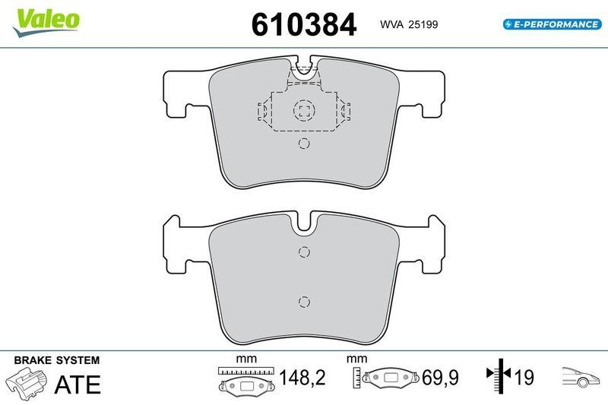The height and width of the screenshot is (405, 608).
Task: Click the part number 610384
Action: (x=304, y=25)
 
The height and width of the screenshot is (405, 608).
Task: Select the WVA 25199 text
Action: (x=409, y=25)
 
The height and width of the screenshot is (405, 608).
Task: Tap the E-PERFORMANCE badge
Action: (x=553, y=24)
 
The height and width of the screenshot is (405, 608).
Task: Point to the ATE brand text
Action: (x=78, y=384)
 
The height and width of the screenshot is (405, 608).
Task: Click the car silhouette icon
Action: (x=581, y=376)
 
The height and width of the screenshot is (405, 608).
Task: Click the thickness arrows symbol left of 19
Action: (x=497, y=375)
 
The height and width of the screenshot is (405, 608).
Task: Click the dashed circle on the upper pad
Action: (x=303, y=111)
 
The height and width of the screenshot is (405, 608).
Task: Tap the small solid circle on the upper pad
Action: (x=303, y=144)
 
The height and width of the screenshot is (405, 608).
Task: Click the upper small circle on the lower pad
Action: (x=303, y=253)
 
